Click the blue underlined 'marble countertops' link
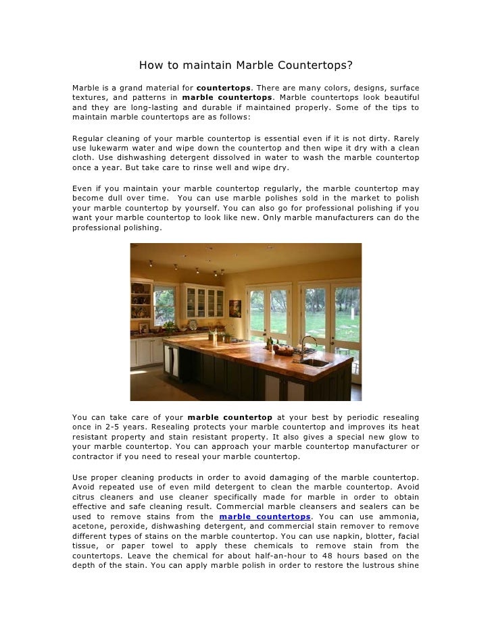pos(265,516)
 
